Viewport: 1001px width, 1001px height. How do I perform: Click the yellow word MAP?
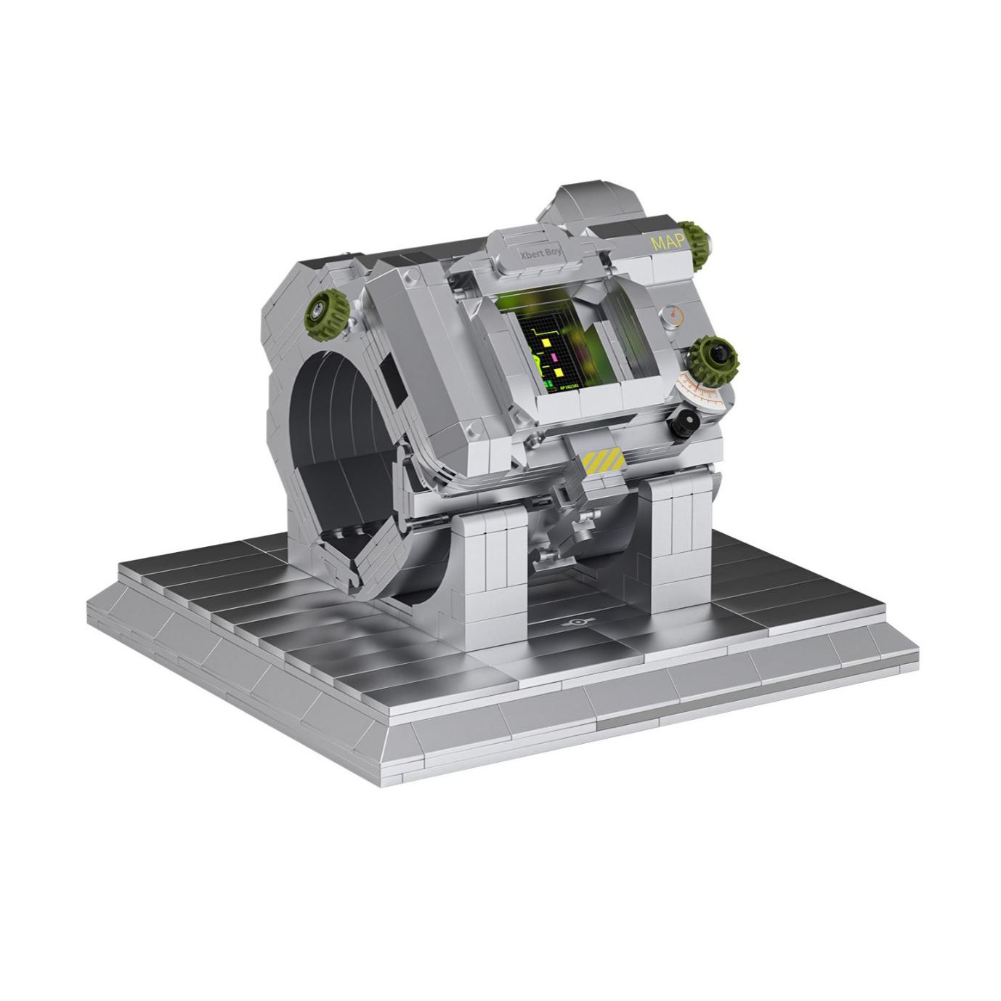668,243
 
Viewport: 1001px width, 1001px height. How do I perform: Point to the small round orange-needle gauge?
672,315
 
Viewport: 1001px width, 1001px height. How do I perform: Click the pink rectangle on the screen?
554,357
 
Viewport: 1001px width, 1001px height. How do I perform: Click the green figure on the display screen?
537,362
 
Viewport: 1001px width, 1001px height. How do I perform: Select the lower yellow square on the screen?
559,372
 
